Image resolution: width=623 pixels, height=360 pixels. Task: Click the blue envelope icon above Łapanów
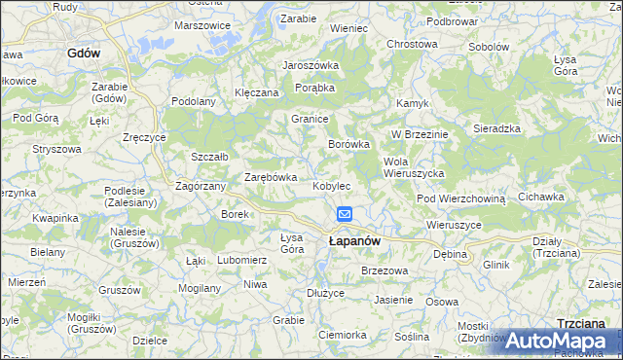[x=345, y=214]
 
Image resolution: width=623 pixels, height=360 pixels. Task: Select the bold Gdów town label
[x=85, y=54]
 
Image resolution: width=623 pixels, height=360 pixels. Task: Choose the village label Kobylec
[x=331, y=185]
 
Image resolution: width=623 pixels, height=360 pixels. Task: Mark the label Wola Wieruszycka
[x=414, y=166]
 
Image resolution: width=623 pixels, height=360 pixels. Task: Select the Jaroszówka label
[x=310, y=65]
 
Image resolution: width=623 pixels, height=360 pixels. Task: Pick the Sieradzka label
[x=497, y=128]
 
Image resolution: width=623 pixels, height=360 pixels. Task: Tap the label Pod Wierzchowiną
[x=461, y=198]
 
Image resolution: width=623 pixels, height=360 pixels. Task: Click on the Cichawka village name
[x=541, y=197]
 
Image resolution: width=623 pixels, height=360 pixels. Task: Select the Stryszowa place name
[x=55, y=149]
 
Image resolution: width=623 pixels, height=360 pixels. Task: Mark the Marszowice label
[x=202, y=25]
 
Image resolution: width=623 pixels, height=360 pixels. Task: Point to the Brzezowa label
[x=383, y=270]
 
